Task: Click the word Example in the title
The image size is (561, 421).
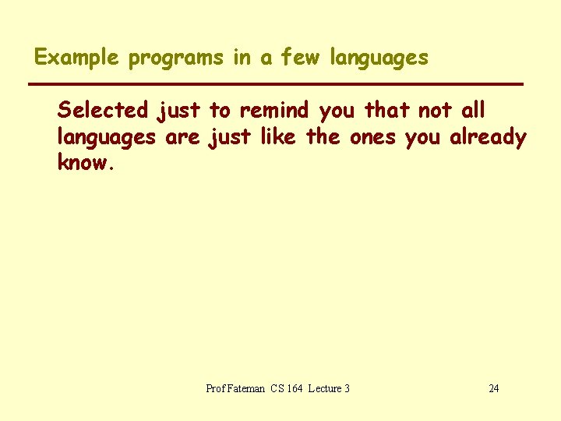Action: (x=76, y=58)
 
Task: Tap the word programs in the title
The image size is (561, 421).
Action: (x=176, y=58)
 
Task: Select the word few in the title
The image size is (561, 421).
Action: (x=299, y=58)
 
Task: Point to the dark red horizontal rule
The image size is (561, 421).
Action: (x=274, y=83)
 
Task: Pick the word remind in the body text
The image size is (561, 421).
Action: (x=274, y=111)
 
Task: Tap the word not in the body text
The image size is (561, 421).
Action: (x=436, y=111)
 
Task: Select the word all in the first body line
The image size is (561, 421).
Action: (x=474, y=111)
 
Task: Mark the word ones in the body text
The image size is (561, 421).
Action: (x=373, y=138)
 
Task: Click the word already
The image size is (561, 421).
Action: (x=488, y=138)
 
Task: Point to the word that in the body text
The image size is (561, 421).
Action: (x=387, y=111)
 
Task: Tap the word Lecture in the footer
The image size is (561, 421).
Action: (x=324, y=388)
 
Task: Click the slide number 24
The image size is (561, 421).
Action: (x=494, y=388)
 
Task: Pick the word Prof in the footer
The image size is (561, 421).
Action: (x=215, y=388)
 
